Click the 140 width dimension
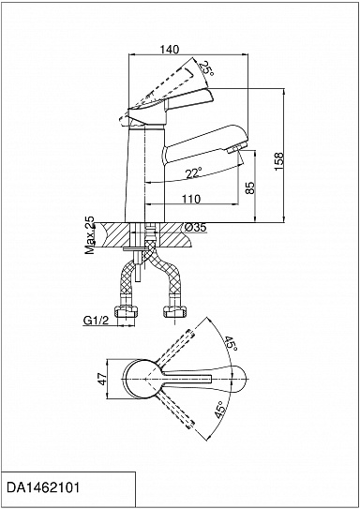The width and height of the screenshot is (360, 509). (169, 50)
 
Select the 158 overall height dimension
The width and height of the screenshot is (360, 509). (278, 161)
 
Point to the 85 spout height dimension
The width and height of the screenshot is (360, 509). (250, 187)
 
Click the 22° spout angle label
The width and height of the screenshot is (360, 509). (194, 173)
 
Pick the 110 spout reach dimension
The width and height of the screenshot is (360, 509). (191, 199)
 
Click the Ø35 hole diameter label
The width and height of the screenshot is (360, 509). (195, 228)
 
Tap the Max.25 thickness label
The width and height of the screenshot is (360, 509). (89, 235)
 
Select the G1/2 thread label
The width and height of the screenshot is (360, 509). (96, 321)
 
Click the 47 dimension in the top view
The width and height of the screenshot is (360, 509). (102, 379)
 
